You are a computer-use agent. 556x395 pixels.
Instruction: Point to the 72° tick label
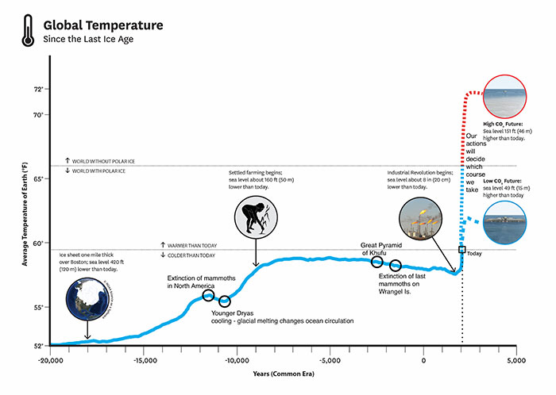pyautogui.click(x=38, y=90)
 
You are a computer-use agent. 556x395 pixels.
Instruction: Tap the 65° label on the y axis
pyautogui.click(x=38, y=179)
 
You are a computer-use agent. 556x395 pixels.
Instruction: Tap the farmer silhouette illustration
pyautogui.click(x=256, y=217)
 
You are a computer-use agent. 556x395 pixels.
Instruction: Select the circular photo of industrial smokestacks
pyautogui.click(x=422, y=217)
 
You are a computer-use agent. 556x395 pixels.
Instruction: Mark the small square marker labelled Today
pyautogui.click(x=462, y=249)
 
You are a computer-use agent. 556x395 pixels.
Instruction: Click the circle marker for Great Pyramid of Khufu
pyautogui.click(x=376, y=262)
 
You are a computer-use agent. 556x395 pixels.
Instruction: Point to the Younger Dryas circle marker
pyautogui.click(x=225, y=301)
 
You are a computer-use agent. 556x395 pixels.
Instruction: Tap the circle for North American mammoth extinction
pyautogui.click(x=208, y=295)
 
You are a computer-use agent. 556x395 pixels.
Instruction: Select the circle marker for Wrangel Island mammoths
pyautogui.click(x=396, y=265)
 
